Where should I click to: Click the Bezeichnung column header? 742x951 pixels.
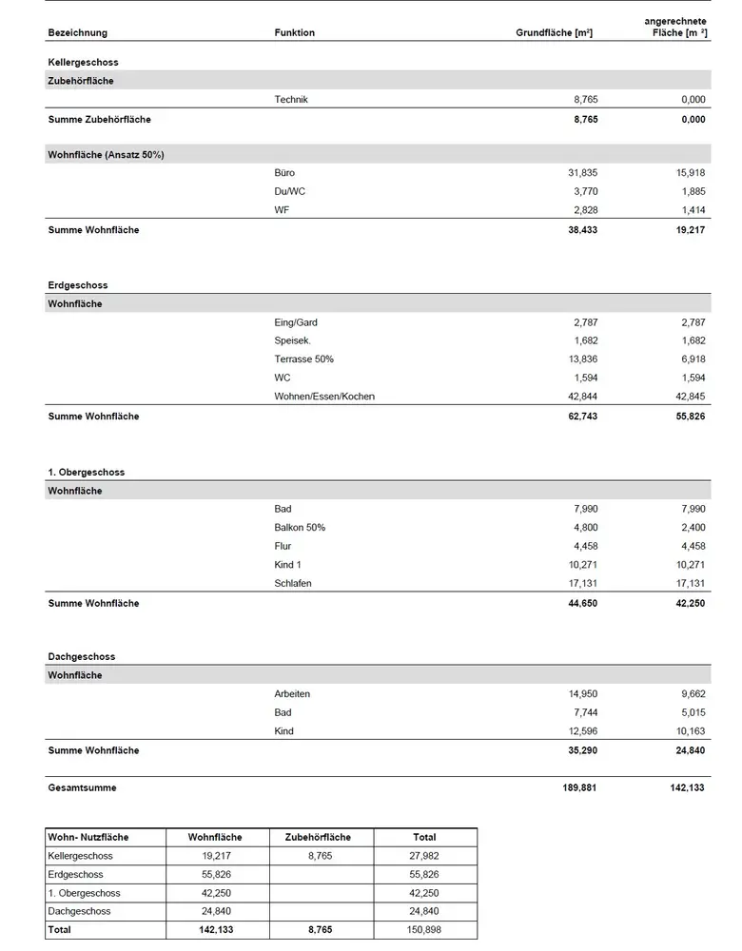[77, 32]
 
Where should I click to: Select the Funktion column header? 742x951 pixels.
[294, 32]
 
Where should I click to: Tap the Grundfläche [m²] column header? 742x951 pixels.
[555, 32]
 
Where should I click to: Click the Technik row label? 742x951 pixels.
[290, 99]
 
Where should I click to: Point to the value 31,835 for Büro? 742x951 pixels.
[582, 173]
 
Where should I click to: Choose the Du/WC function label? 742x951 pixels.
[289, 191]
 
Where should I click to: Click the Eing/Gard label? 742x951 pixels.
[295, 322]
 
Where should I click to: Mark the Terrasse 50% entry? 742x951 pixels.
[303, 359]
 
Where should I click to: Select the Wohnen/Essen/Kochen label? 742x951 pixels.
[324, 397]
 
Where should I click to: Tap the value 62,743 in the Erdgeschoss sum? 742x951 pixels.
[580, 417]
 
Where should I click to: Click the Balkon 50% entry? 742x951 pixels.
[300, 528]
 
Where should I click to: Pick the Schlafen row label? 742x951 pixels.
[293, 584]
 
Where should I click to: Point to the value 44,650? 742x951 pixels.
[580, 604]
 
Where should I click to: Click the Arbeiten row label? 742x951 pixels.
[292, 694]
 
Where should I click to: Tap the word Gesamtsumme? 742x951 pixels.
[82, 788]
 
